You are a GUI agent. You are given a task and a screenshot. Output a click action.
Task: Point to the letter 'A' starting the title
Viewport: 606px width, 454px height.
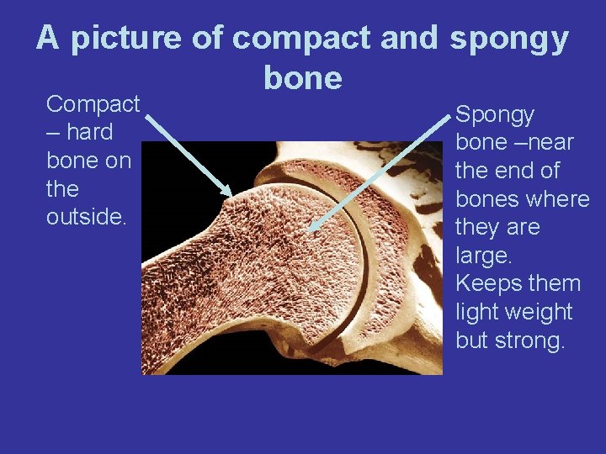[48, 39]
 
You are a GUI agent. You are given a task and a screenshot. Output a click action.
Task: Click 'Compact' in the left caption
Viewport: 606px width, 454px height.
[93, 104]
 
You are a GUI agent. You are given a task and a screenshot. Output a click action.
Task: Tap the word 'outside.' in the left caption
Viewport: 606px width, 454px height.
[86, 217]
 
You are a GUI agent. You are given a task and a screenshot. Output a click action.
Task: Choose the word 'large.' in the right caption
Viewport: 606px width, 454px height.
[482, 256]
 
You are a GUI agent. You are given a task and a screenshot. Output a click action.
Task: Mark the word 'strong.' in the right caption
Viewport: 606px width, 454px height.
[530, 340]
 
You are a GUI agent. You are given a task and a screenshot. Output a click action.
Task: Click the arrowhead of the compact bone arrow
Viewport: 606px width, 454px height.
[229, 193]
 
